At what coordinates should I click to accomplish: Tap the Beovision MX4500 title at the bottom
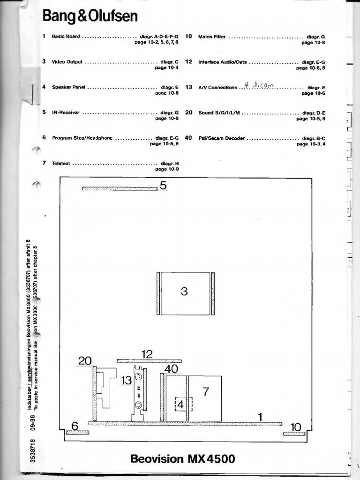pyautogui.click(x=183, y=458)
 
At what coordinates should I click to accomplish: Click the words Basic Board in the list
pyautogui.click(x=66, y=36)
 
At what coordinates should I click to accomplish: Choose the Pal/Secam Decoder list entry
pyautogui.click(x=222, y=138)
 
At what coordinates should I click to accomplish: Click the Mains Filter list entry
pyautogui.click(x=212, y=36)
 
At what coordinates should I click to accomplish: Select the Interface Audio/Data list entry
pyautogui.click(x=222, y=62)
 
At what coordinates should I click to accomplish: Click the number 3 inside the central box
pyautogui.click(x=184, y=292)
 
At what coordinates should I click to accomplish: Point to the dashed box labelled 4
pyautogui.click(x=180, y=404)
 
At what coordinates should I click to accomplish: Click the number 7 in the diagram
pyautogui.click(x=205, y=391)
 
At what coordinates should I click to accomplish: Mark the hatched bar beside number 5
pyautogui.click(x=120, y=188)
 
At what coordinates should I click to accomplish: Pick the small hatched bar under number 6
pyautogui.click(x=77, y=432)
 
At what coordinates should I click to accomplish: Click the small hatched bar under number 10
pyautogui.click(x=294, y=434)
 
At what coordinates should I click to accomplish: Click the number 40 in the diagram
pyautogui.click(x=171, y=369)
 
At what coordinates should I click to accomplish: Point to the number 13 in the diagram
pyautogui.click(x=127, y=381)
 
